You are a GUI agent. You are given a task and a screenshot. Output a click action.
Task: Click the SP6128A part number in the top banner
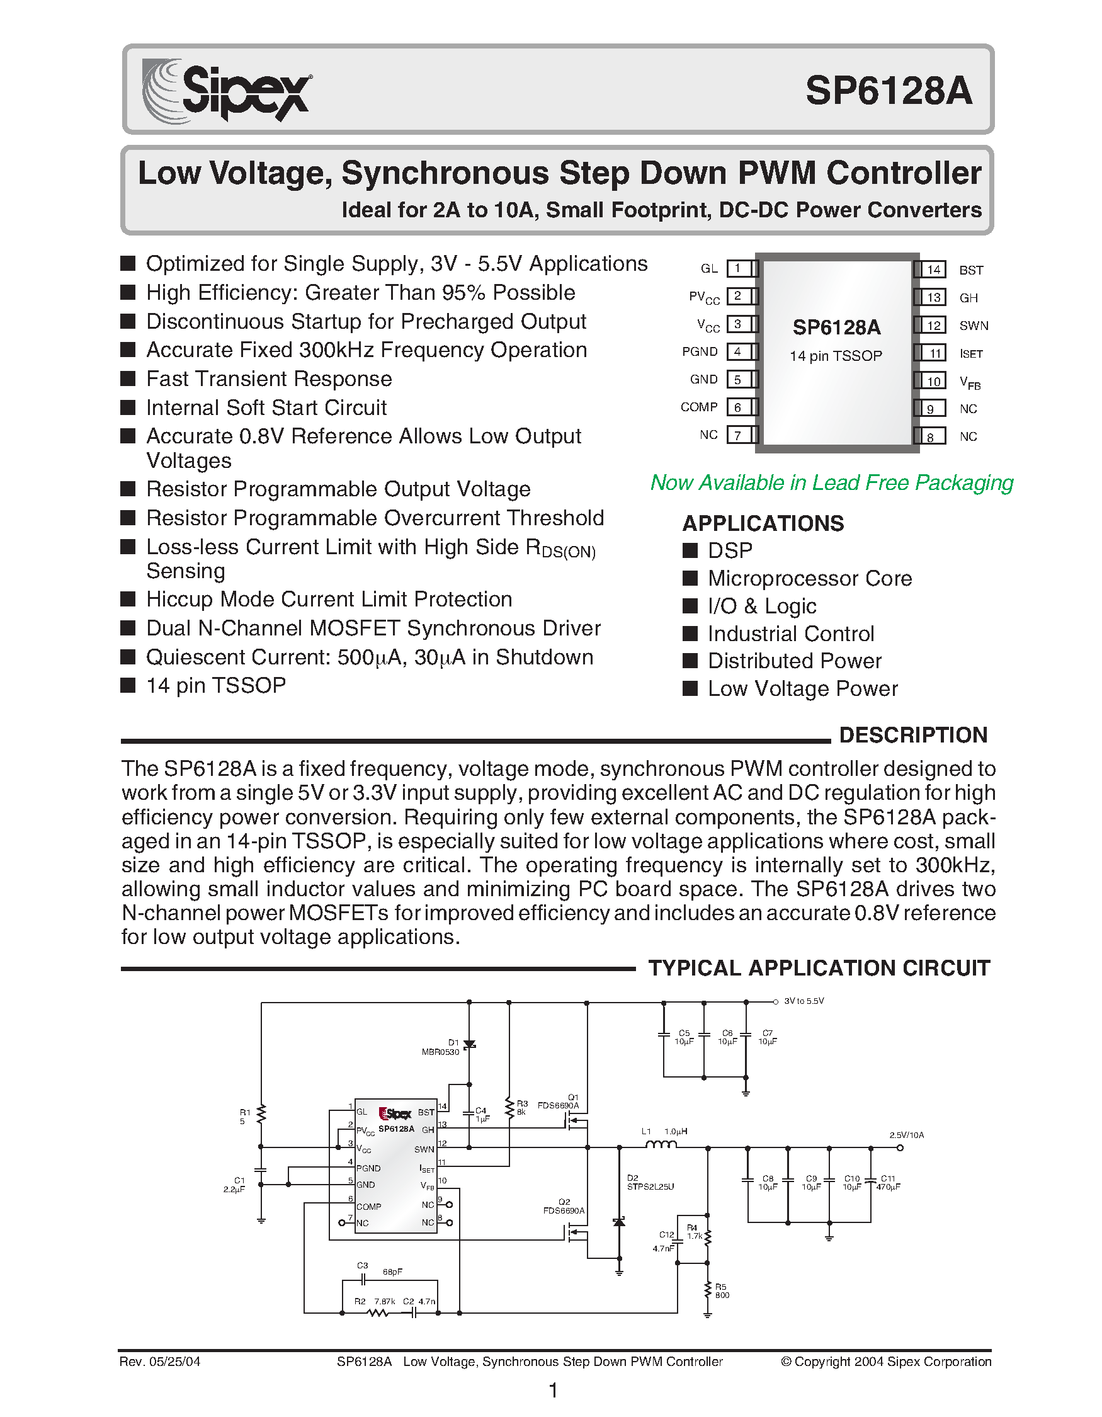[x=888, y=91]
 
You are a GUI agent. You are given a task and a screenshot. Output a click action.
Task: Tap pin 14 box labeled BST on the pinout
[x=933, y=270]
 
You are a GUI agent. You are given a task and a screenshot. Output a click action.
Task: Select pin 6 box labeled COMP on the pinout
[x=737, y=407]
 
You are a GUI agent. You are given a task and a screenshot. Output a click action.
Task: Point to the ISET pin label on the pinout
[x=971, y=353]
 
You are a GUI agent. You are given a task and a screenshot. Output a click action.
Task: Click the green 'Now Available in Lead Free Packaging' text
[x=831, y=482]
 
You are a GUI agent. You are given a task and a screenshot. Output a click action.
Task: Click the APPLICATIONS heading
[x=763, y=523]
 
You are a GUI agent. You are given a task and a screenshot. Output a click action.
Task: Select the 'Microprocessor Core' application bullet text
[x=809, y=578]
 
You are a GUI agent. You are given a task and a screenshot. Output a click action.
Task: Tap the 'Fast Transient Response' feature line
[x=268, y=378]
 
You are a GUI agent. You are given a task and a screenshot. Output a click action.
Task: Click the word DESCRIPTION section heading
[x=912, y=735]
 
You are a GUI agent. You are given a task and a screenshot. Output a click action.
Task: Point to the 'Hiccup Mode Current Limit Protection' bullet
[x=329, y=599]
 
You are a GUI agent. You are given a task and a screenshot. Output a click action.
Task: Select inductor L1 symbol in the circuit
[x=661, y=1146]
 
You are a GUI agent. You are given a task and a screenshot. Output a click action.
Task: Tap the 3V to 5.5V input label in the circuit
[x=804, y=1001]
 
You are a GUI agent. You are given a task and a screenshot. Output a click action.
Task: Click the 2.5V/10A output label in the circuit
[x=906, y=1135]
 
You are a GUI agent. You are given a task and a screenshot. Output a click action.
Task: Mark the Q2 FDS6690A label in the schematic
[x=564, y=1206]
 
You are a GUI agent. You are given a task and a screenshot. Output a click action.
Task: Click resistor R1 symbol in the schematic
[x=261, y=1115]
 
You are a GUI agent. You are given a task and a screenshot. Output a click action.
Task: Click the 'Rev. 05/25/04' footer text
[x=159, y=1362]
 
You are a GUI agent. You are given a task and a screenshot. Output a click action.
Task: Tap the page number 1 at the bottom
[x=553, y=1391]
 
